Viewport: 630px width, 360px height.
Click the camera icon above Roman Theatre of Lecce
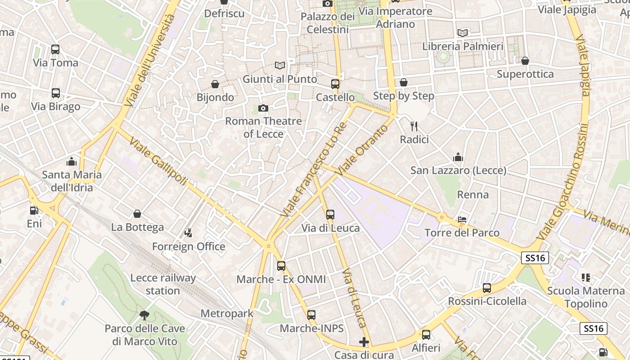[263, 108]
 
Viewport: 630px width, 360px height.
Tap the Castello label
[335, 97]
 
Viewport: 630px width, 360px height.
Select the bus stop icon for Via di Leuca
[330, 214]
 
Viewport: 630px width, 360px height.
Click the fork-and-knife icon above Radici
[414, 126]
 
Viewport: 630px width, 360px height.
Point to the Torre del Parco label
[462, 233]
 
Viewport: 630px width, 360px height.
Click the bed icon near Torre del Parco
[462, 220]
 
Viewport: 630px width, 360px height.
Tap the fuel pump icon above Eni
[34, 210]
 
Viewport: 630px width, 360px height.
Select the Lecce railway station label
[163, 284]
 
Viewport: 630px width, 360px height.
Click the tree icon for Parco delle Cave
[144, 315]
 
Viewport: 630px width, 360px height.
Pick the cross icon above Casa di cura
[364, 342]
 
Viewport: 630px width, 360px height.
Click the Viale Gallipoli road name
[158, 162]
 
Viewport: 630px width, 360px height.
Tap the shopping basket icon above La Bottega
[137, 214]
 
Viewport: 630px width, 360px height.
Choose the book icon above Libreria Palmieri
[462, 33]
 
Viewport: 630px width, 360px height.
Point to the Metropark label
[227, 313]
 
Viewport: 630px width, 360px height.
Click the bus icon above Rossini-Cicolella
[487, 288]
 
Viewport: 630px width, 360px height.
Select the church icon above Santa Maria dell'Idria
[72, 161]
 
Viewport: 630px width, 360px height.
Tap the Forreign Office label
[189, 246]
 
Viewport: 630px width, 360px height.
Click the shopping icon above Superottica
[525, 60]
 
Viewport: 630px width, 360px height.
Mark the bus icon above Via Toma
[55, 49]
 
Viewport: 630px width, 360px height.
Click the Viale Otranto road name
[362, 149]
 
